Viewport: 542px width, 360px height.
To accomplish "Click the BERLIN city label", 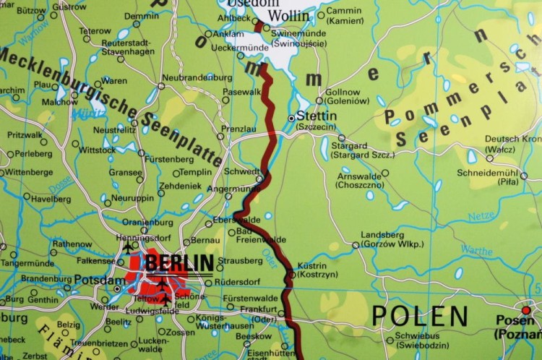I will tap(179, 262).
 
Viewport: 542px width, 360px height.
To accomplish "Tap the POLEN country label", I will tap(420, 316).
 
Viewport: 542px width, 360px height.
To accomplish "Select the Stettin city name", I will tap(317, 116).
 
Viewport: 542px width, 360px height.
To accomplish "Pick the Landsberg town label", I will tap(382, 235).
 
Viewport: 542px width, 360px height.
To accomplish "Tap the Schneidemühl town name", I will tap(489, 173).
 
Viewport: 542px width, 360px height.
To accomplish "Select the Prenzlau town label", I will tap(238, 129).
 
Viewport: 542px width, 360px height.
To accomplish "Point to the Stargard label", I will tap(348, 145).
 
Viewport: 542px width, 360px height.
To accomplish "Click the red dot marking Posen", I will tap(526, 310).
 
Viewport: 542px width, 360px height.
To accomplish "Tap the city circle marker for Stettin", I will tap(291, 117).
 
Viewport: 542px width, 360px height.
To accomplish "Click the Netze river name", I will tap(481, 216).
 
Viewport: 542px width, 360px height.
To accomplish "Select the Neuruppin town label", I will tap(137, 197).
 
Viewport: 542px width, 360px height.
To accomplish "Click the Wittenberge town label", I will tap(27, 173).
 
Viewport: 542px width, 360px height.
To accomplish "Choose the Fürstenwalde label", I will tap(251, 298).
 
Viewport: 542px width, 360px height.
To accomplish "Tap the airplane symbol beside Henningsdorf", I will tap(128, 247).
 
